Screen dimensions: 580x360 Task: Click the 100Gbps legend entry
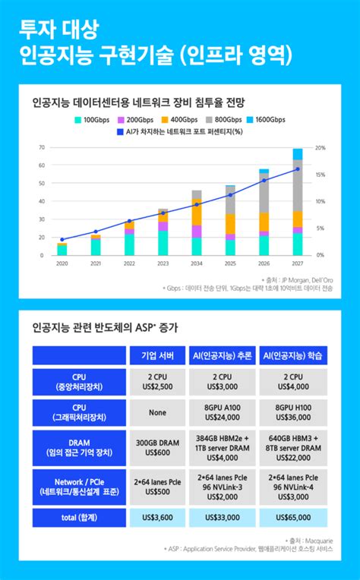[91, 120]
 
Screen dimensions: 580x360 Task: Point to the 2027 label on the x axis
[297, 263]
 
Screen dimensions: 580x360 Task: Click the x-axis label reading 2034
[197, 263]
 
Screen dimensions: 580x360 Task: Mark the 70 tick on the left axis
[41, 147]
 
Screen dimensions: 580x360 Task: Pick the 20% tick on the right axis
[321, 147]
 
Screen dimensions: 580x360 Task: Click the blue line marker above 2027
[297, 169]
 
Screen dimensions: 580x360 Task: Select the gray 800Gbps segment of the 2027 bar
[297, 186]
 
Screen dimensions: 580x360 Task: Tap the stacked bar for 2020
[62, 249]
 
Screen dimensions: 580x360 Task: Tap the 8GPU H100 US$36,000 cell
[293, 412]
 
